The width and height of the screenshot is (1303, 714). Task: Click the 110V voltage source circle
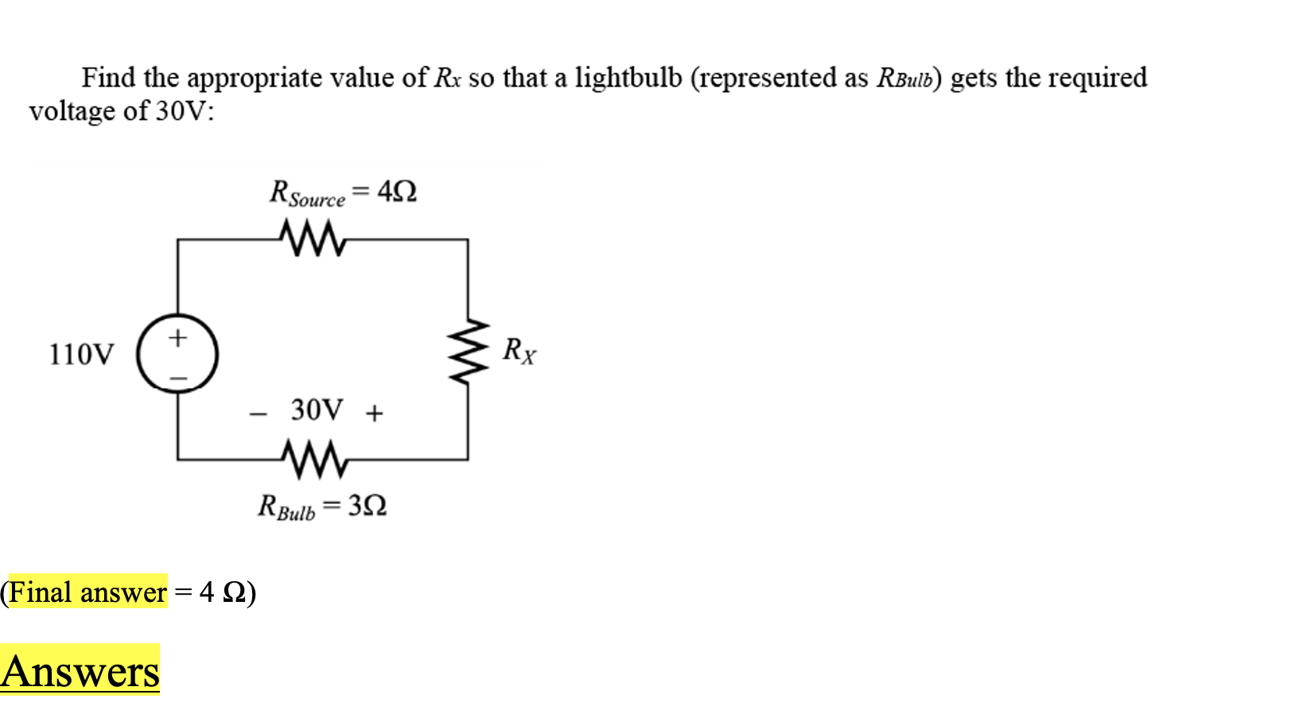coord(177,355)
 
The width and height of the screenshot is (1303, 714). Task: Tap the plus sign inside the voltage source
coord(177,337)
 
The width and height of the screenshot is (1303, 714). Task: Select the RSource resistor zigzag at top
coord(313,238)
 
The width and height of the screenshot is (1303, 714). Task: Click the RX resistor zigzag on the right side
coord(468,351)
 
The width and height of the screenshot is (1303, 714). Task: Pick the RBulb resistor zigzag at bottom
coord(314,460)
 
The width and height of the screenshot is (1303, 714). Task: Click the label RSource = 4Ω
coord(343,193)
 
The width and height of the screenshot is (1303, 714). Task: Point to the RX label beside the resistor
coord(519,350)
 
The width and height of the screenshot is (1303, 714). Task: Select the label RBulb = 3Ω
coord(322,506)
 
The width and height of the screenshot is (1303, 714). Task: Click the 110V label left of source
coord(81,355)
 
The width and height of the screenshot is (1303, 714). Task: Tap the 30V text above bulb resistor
coord(317,410)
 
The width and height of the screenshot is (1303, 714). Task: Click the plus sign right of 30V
coord(374,413)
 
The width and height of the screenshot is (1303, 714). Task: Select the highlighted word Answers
coord(80,671)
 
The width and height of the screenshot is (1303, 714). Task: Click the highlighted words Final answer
coord(88,592)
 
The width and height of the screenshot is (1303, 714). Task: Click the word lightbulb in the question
coord(628,78)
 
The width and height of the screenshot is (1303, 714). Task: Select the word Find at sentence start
coord(108,78)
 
